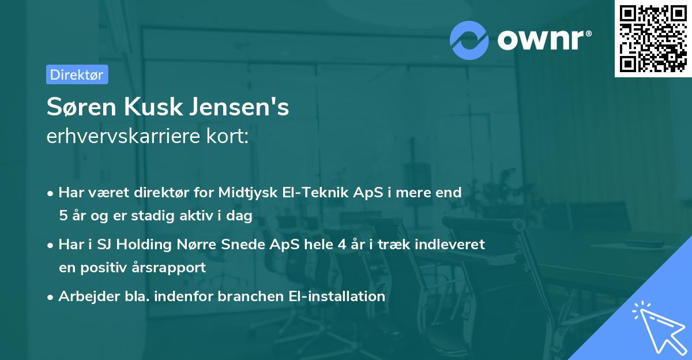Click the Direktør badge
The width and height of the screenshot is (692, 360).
tap(77, 74)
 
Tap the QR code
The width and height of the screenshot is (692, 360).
tap(653, 39)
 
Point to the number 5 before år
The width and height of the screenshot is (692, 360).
tap(62, 216)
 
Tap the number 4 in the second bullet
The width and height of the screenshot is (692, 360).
tap(343, 245)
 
